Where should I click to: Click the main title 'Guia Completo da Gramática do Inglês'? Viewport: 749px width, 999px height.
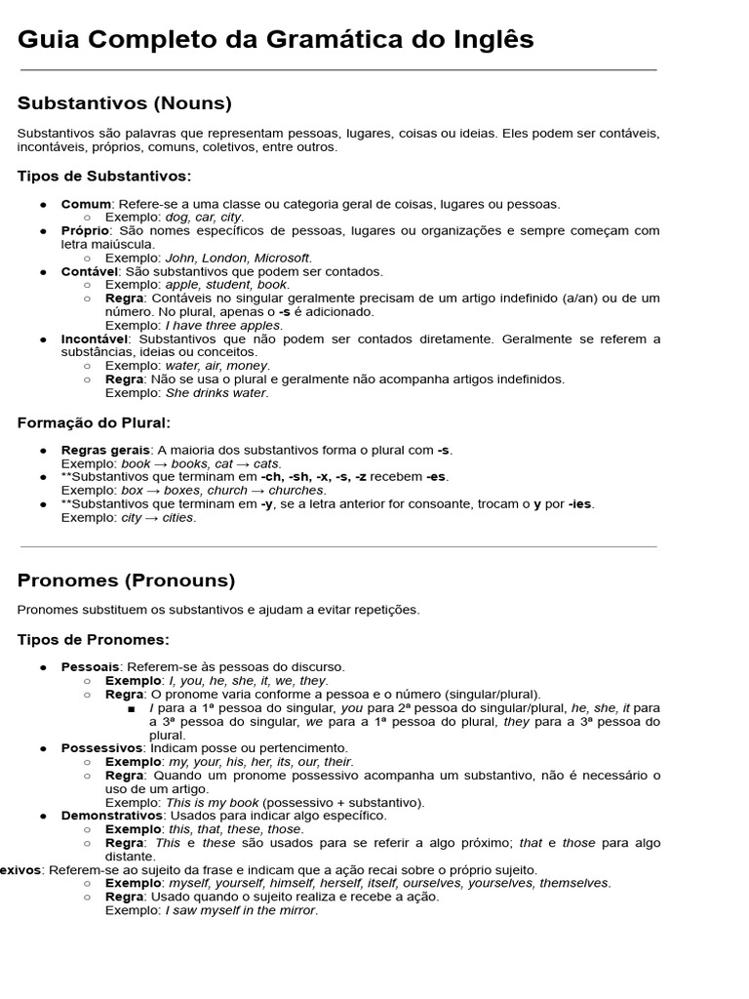(276, 40)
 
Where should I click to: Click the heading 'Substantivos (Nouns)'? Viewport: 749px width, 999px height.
(125, 102)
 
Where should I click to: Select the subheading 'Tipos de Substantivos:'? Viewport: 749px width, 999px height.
(104, 176)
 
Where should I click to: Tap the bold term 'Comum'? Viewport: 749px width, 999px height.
(86, 204)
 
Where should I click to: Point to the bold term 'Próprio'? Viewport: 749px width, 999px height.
(86, 230)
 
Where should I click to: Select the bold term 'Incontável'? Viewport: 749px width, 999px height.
(95, 339)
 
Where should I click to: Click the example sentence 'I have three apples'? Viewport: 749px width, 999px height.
(223, 325)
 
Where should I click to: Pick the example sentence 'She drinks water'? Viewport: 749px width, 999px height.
(216, 393)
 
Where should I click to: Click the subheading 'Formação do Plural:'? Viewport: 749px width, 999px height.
(95, 422)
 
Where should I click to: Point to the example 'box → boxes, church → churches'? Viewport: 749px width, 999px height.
(222, 490)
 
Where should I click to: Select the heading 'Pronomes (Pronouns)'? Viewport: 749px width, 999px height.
(127, 580)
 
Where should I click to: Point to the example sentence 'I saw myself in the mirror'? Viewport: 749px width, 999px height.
(240, 910)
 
